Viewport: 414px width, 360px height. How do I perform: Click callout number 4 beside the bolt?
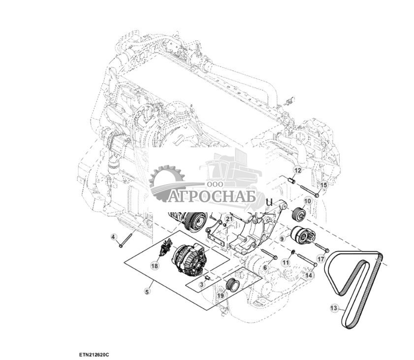[x=113, y=237]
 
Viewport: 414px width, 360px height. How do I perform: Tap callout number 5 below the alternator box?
[x=146, y=292]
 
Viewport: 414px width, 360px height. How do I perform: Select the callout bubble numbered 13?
[x=334, y=308]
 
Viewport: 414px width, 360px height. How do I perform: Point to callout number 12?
[x=297, y=170]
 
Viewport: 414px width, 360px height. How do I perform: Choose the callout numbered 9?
[x=283, y=238]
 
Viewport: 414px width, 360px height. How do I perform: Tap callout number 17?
[x=321, y=258]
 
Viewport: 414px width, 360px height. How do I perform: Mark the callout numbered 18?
[x=155, y=266]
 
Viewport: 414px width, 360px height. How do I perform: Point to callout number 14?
[x=308, y=276]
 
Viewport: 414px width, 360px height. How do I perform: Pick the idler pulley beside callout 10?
[x=298, y=216]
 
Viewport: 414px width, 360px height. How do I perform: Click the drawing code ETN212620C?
[x=94, y=355]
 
